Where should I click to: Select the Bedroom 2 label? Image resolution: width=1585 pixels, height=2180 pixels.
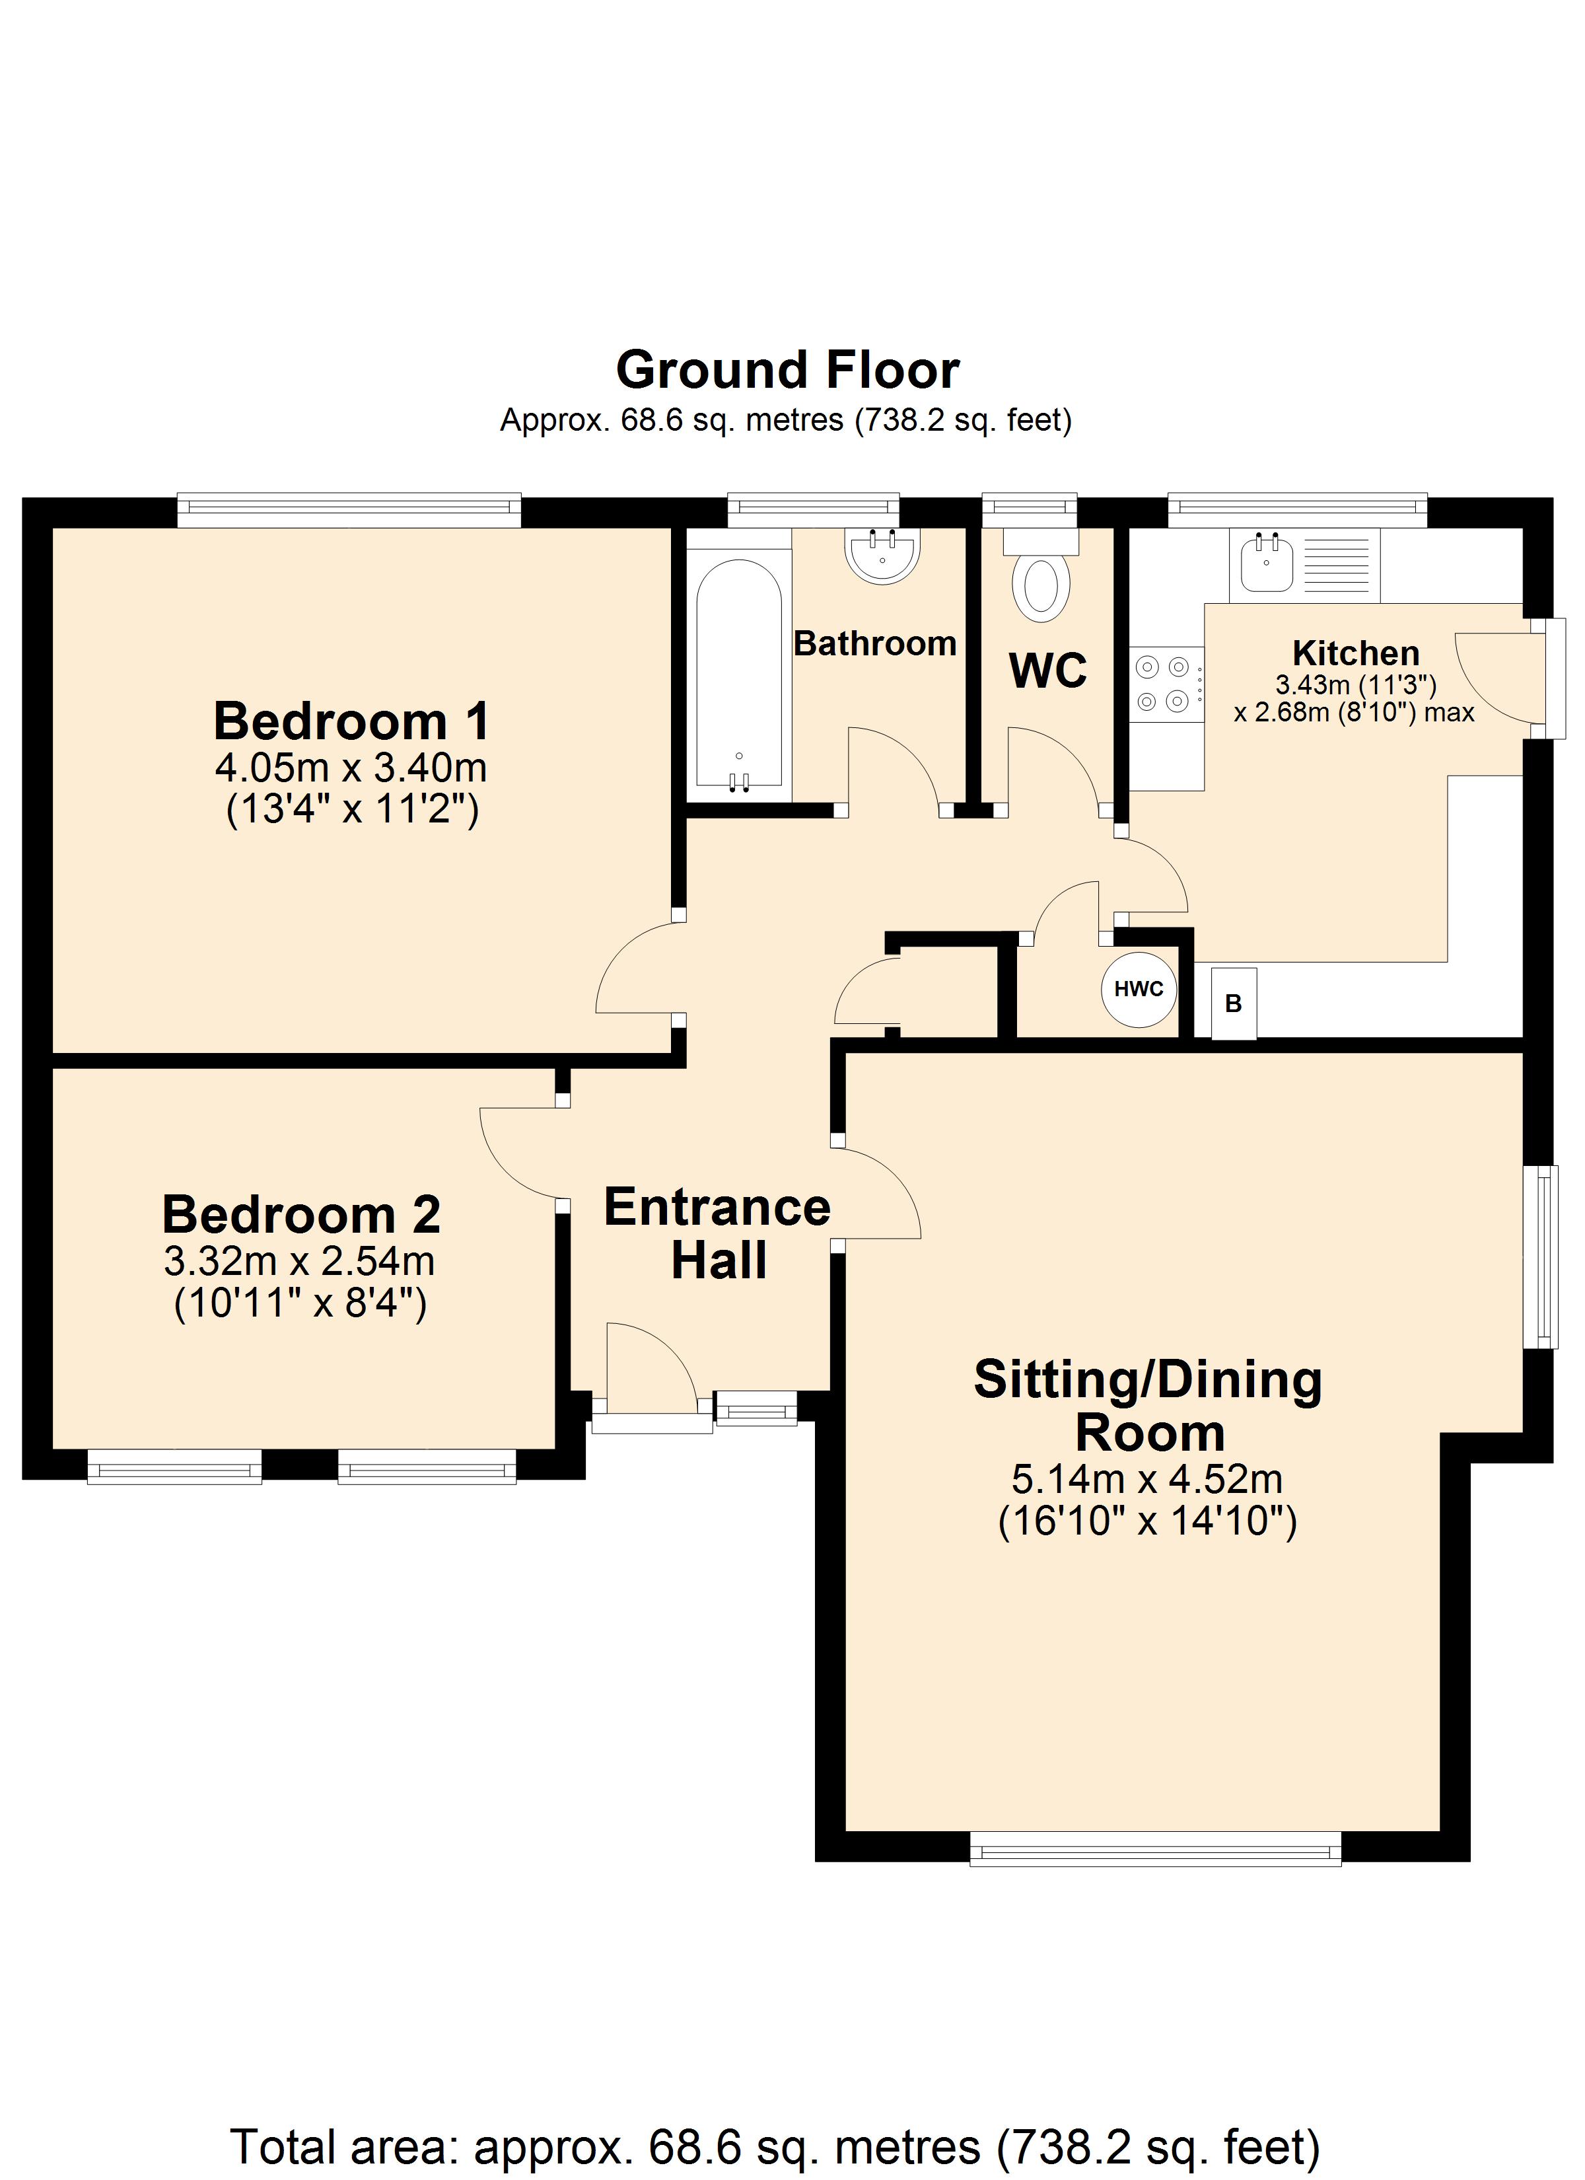[x=301, y=1214]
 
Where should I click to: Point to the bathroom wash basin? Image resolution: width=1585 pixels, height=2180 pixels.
[x=882, y=556]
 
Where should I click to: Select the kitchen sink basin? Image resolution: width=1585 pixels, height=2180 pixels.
[x=1266, y=563]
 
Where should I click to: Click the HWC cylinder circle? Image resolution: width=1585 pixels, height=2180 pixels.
[x=1139, y=988]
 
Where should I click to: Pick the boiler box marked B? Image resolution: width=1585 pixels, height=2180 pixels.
[x=1233, y=1003]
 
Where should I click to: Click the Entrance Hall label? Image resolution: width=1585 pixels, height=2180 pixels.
[x=718, y=1233]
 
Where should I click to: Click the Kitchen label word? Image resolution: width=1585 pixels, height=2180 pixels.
[x=1355, y=653]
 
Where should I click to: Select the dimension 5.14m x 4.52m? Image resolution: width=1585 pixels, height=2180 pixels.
[x=1146, y=1478]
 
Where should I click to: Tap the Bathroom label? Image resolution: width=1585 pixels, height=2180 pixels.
[x=874, y=643]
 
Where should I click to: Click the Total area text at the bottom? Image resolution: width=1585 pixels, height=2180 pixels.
[x=775, y=2146]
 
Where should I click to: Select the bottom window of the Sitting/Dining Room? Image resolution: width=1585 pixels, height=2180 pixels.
[x=1155, y=1848]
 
